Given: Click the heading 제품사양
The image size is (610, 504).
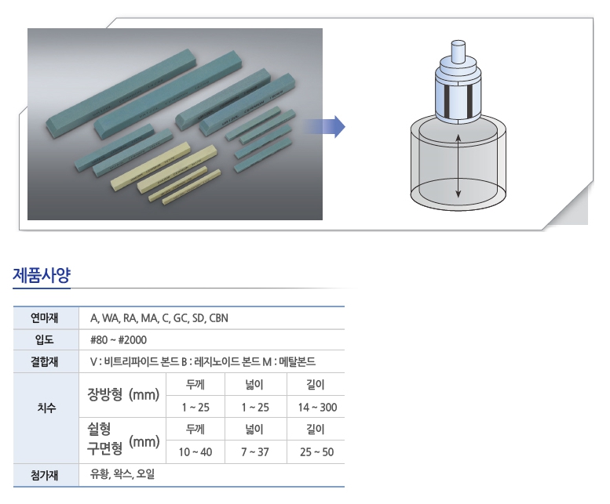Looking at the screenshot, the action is [42, 275].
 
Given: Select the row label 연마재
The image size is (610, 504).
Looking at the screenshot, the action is [44, 318].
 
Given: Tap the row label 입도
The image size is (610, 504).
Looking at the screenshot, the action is [44, 339].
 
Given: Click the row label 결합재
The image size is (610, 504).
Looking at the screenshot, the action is [44, 362].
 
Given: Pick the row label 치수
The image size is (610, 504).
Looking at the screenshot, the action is [46, 408].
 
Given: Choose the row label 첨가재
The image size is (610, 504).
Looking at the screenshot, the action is [44, 475].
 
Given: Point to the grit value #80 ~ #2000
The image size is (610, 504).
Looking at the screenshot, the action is [119, 340].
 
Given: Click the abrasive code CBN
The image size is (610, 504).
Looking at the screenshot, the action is [218, 318].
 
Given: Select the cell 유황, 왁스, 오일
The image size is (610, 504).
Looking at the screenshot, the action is [122, 474].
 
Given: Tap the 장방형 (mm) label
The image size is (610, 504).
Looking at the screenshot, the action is [123, 394].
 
